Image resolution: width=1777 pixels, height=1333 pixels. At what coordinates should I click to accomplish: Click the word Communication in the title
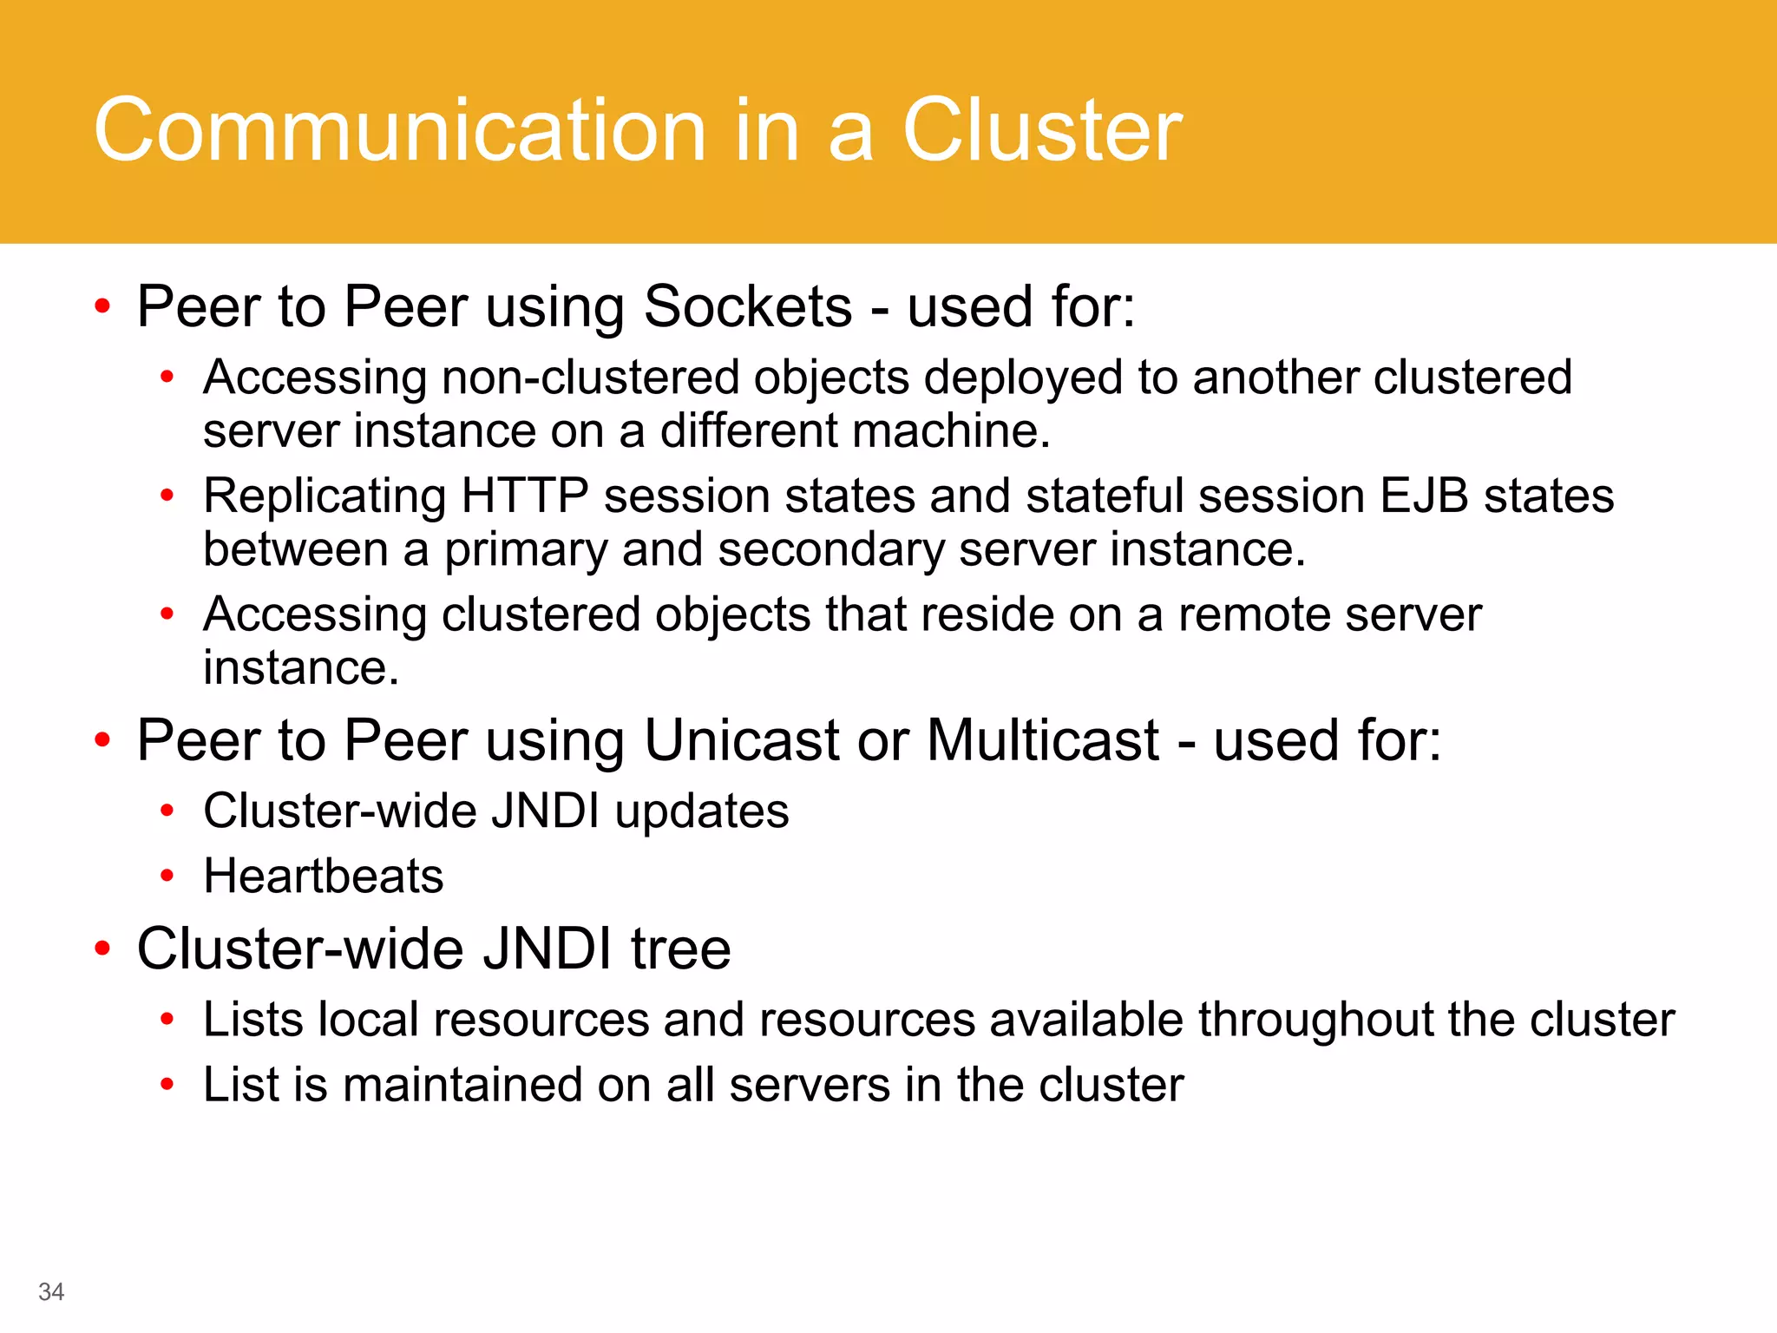[399, 130]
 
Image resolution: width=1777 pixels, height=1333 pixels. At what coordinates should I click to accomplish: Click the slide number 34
[51, 1291]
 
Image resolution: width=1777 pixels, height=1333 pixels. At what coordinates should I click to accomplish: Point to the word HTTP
[525, 496]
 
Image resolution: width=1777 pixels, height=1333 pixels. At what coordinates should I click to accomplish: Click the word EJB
[1424, 496]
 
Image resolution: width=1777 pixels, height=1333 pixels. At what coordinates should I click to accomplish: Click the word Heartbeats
[323, 876]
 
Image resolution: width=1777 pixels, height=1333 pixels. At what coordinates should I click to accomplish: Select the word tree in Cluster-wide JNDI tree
[681, 949]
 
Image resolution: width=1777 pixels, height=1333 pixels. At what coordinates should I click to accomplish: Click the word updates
[702, 811]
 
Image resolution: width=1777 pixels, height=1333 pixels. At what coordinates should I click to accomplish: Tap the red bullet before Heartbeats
[167, 876]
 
